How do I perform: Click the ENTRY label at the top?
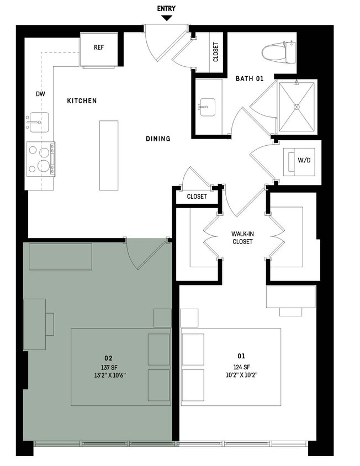click(166, 9)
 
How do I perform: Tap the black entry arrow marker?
click(166, 18)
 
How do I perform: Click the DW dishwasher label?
click(40, 94)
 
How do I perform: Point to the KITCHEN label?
click(82, 101)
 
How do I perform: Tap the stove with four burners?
click(41, 159)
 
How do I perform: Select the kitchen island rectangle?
click(109, 155)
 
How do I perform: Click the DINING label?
click(158, 139)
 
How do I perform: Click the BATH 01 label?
click(250, 79)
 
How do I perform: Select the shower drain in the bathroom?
click(297, 107)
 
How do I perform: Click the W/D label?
click(304, 161)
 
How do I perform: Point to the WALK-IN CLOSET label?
click(243, 238)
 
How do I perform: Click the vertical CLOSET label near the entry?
click(216, 52)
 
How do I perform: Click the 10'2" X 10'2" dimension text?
click(242, 374)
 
